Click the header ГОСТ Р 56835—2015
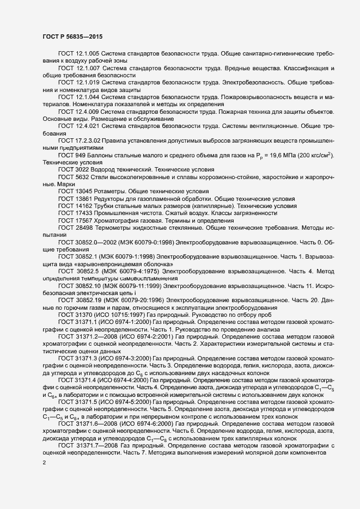[71, 36]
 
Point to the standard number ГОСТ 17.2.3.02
[82, 140]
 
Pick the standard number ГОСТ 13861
[76, 199]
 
